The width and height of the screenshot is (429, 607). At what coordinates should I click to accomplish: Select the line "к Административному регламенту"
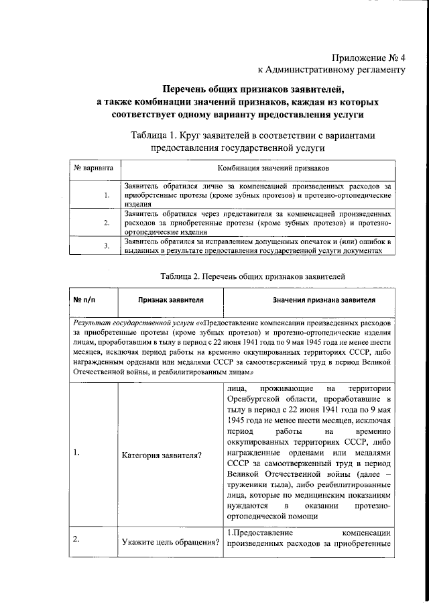[x=332, y=69]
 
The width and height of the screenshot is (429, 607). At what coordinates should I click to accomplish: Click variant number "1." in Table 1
[x=107, y=195]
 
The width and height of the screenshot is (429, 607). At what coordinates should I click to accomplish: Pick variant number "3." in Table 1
[x=107, y=246]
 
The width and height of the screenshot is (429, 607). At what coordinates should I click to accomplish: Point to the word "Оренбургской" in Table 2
[x=255, y=400]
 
